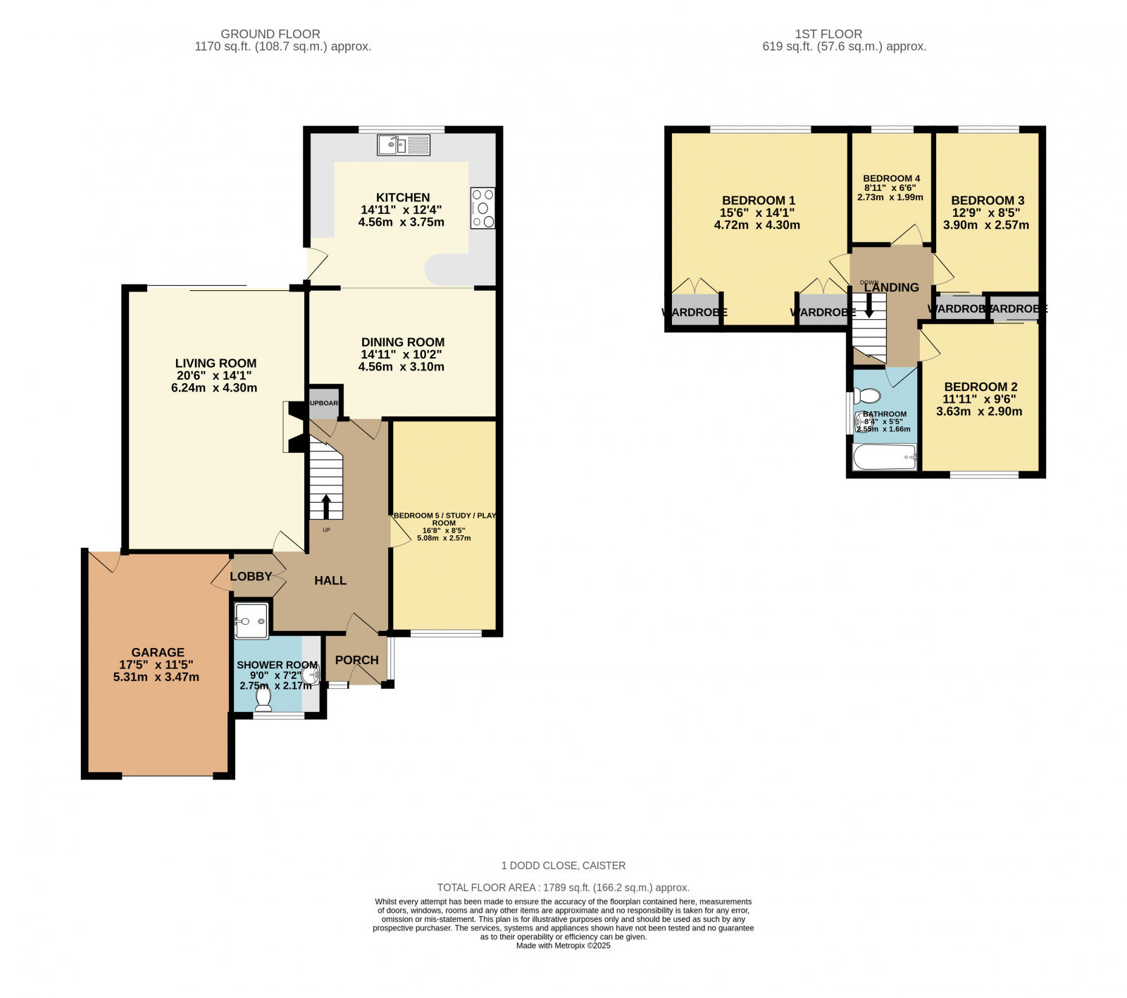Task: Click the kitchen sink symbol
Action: click(403, 145)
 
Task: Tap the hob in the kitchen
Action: click(483, 208)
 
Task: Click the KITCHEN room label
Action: click(402, 198)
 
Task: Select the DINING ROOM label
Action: click(402, 342)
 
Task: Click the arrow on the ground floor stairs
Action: click(326, 506)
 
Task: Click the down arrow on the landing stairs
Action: click(869, 305)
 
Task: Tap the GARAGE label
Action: click(157, 653)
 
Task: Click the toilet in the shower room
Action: click(264, 697)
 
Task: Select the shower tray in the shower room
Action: click(251, 620)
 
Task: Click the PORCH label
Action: click(356, 660)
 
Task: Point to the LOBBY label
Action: click(251, 576)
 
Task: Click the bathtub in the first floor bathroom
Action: click(884, 458)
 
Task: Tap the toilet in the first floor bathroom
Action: click(867, 395)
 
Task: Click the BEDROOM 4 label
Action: click(891, 178)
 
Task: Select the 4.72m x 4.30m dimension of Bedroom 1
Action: click(756, 225)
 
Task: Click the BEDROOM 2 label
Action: click(980, 387)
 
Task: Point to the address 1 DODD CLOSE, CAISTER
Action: click(563, 866)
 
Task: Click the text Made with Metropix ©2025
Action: click(563, 946)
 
